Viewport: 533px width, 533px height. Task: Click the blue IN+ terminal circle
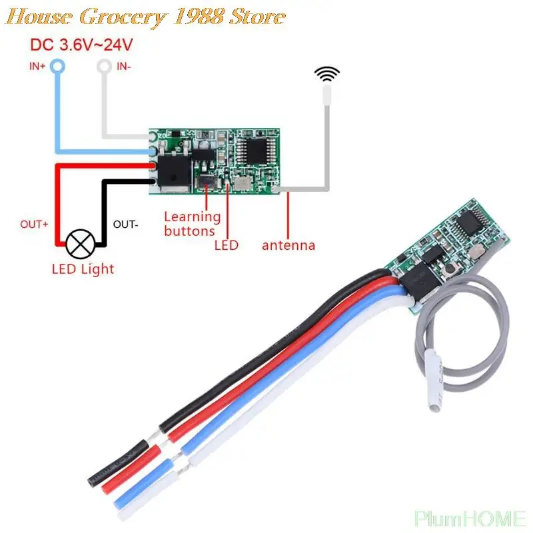point(58,66)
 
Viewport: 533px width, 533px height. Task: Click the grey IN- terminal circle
point(104,66)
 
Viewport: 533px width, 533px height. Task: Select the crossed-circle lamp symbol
point(81,245)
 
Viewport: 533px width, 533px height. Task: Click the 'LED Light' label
point(83,269)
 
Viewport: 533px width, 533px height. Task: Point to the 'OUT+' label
point(35,225)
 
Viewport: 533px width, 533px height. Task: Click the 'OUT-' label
point(126,225)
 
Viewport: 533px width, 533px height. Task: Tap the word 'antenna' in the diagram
point(288,245)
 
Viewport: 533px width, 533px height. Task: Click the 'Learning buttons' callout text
point(192,224)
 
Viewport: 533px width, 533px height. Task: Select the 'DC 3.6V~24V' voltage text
point(82,45)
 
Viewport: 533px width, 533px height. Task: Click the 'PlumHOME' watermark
point(470,518)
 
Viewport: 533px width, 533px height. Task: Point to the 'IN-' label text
point(125,66)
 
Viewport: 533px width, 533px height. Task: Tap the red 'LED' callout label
point(226,245)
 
